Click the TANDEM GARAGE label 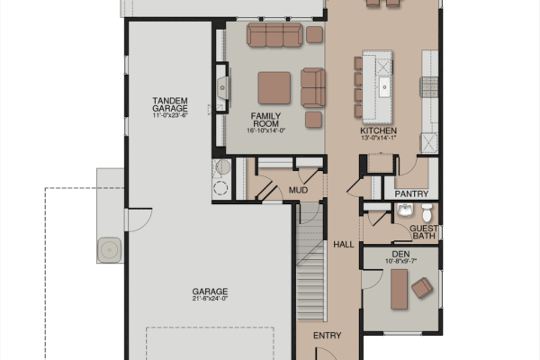click(x=170, y=104)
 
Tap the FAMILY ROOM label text click(x=265, y=120)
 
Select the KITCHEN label click(x=379, y=130)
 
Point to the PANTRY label click(x=411, y=194)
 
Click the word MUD click(x=298, y=190)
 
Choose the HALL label click(x=344, y=245)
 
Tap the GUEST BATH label click(x=424, y=232)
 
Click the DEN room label click(x=400, y=254)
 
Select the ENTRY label click(x=328, y=335)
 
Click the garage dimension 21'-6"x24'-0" click(x=210, y=299)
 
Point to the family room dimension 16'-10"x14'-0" click(x=265, y=130)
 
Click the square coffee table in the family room click(x=274, y=88)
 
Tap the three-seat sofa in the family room click(x=274, y=34)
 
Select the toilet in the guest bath click(x=427, y=212)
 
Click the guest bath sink click(x=405, y=210)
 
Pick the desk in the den click(x=399, y=289)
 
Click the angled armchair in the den click(x=422, y=287)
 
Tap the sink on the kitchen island click(x=384, y=87)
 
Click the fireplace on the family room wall click(x=222, y=87)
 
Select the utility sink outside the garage click(x=110, y=250)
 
